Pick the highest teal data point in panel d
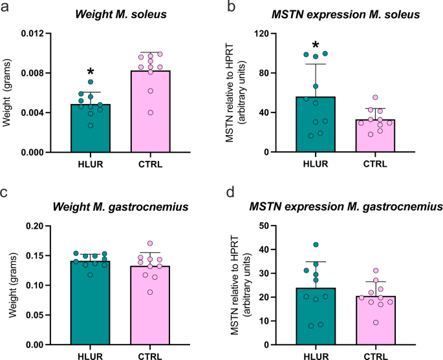tap(316, 245)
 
